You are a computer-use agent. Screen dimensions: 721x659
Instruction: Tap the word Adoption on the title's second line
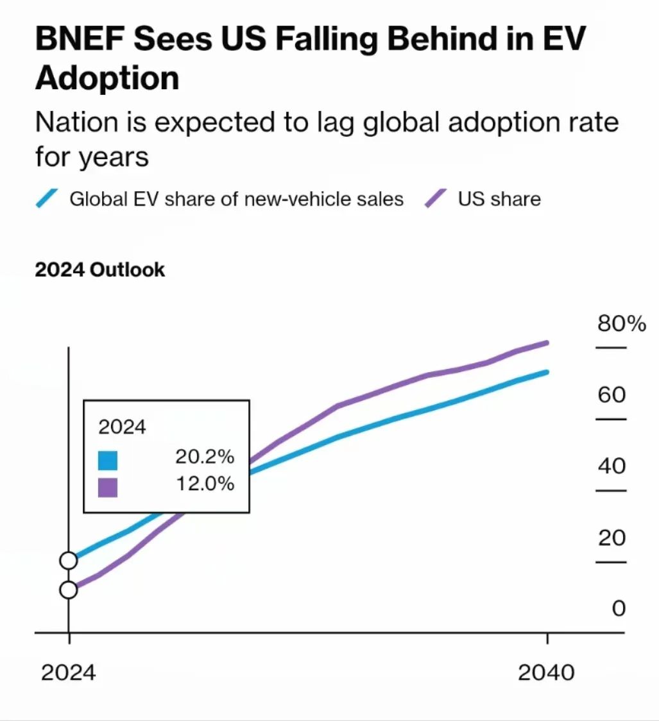107,79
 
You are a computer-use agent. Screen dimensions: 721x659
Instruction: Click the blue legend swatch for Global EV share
47,198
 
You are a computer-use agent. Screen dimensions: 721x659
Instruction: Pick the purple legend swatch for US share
436,198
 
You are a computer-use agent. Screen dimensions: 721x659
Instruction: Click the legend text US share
499,199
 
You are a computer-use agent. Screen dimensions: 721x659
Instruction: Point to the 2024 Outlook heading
99,270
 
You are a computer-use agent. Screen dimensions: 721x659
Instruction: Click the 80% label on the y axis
621,324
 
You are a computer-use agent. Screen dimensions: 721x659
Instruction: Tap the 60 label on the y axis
612,394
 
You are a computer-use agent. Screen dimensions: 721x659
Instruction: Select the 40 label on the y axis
612,466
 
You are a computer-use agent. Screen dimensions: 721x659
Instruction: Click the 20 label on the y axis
612,538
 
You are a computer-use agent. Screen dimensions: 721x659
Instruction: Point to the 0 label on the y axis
619,608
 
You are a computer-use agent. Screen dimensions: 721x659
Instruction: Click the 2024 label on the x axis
68,673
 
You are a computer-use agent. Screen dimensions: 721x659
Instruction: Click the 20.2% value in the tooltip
205,457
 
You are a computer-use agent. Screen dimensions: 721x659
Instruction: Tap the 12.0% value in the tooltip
205,484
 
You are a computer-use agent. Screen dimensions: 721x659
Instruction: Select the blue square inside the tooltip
108,461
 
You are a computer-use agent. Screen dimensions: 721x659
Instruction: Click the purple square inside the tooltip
108,487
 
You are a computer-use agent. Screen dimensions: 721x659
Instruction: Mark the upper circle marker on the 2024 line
69,561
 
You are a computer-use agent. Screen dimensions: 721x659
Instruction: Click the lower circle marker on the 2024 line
69,590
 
